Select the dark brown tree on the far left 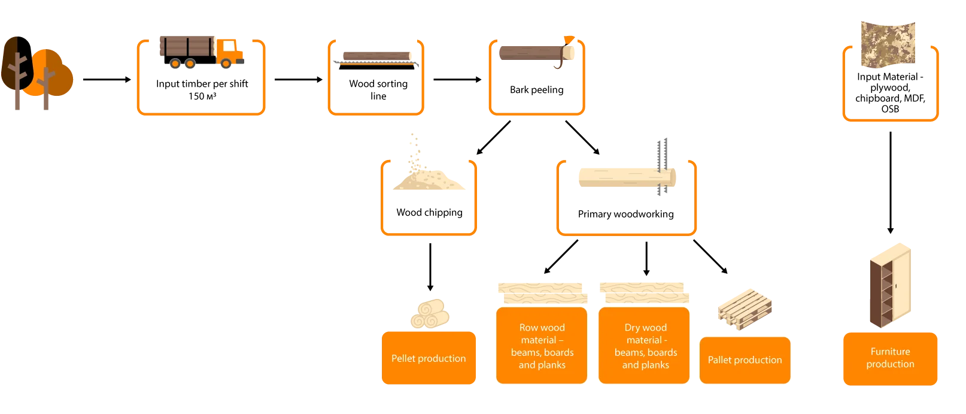point(13,63)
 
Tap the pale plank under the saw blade point(616,177)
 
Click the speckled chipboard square point(888,43)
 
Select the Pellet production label point(429,358)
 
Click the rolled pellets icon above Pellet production point(429,313)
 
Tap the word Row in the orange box point(529,328)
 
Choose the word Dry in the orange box point(633,328)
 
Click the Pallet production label point(745,359)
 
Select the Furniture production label point(890,358)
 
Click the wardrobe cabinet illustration point(890,285)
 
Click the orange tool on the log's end point(567,39)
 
